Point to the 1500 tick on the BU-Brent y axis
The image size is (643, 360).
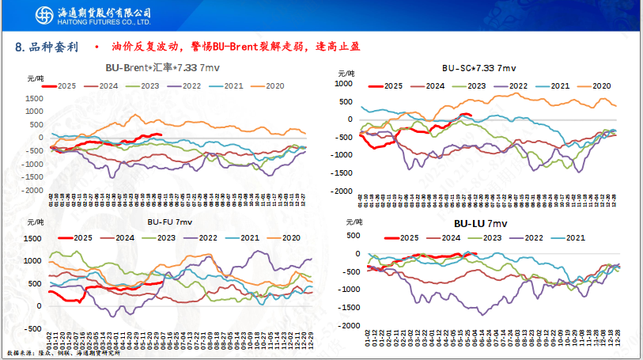click(x=34, y=97)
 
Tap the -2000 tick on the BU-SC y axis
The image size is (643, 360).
click(x=342, y=191)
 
